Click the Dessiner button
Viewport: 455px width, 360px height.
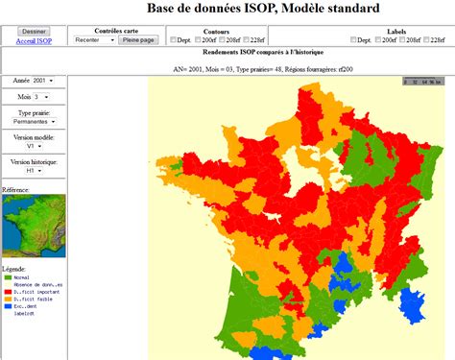click(33, 32)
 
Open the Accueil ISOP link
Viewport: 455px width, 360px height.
click(33, 41)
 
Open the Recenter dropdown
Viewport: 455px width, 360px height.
click(92, 40)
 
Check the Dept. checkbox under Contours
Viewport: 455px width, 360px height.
click(172, 40)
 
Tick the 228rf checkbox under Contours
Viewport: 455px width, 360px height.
click(246, 40)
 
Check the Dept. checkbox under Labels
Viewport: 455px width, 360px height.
click(354, 40)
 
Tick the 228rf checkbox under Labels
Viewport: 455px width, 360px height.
click(428, 40)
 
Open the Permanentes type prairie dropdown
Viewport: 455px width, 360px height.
click(35, 122)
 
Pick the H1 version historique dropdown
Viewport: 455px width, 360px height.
click(35, 171)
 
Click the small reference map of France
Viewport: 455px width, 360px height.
click(34, 227)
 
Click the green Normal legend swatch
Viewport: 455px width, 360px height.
click(7, 277)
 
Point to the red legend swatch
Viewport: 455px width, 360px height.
click(7, 292)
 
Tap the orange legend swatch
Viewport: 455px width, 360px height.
click(7, 299)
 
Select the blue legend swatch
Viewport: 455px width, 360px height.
click(7, 306)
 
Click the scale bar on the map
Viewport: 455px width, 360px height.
click(421, 82)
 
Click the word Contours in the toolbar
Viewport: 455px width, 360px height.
click(216, 32)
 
